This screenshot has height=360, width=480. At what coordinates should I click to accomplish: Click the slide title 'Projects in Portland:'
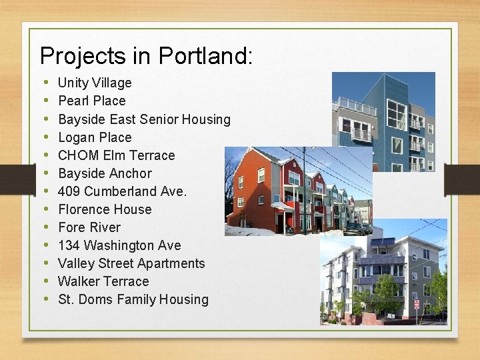click(146, 55)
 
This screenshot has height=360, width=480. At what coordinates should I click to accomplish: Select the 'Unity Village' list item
click(95, 83)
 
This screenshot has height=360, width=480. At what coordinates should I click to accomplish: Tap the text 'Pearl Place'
click(92, 101)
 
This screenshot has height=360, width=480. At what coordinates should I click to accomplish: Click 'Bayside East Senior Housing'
click(144, 119)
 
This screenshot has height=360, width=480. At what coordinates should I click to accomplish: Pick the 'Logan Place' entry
click(95, 137)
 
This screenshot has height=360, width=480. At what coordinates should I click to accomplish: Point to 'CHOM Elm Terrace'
click(116, 155)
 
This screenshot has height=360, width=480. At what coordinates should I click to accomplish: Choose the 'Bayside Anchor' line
click(105, 173)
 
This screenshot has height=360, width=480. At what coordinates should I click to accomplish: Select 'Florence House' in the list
click(105, 209)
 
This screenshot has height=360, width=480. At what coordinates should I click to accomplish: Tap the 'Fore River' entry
click(89, 227)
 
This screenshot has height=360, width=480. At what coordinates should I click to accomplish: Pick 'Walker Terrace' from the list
click(103, 281)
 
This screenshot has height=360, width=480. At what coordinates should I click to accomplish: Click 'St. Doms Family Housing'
click(133, 299)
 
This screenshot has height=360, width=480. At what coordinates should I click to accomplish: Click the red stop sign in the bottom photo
click(417, 305)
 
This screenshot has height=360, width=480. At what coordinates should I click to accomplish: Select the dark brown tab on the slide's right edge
click(466, 180)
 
